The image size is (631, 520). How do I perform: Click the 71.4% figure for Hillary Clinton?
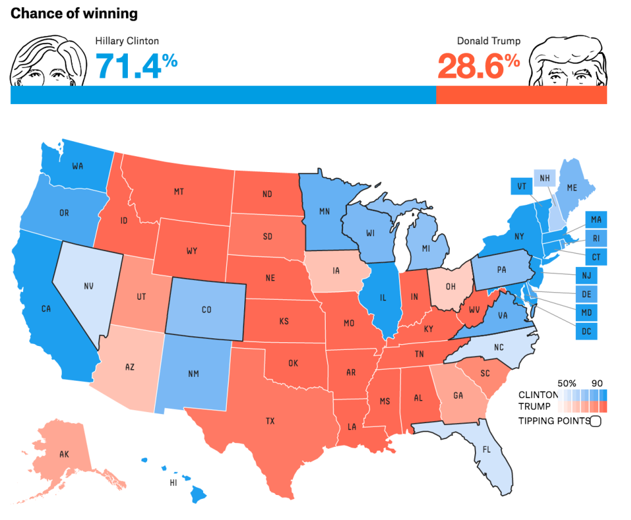coord(136,65)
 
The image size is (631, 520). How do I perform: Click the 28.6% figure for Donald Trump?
coord(478,65)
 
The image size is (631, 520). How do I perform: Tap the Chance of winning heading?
coord(74,13)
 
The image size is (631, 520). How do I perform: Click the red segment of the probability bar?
coord(521,95)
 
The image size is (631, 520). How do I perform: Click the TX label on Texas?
coord(270,421)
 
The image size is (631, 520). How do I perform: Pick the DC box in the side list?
coord(587,331)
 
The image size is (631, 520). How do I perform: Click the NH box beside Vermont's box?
coord(545,178)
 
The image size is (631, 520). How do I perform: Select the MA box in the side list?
coord(596,220)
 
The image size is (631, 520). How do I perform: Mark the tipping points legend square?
coord(595,421)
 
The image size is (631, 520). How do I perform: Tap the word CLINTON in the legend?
coord(538,395)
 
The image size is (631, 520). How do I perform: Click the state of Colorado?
coord(206,309)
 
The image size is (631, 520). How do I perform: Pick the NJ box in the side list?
coord(587,276)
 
